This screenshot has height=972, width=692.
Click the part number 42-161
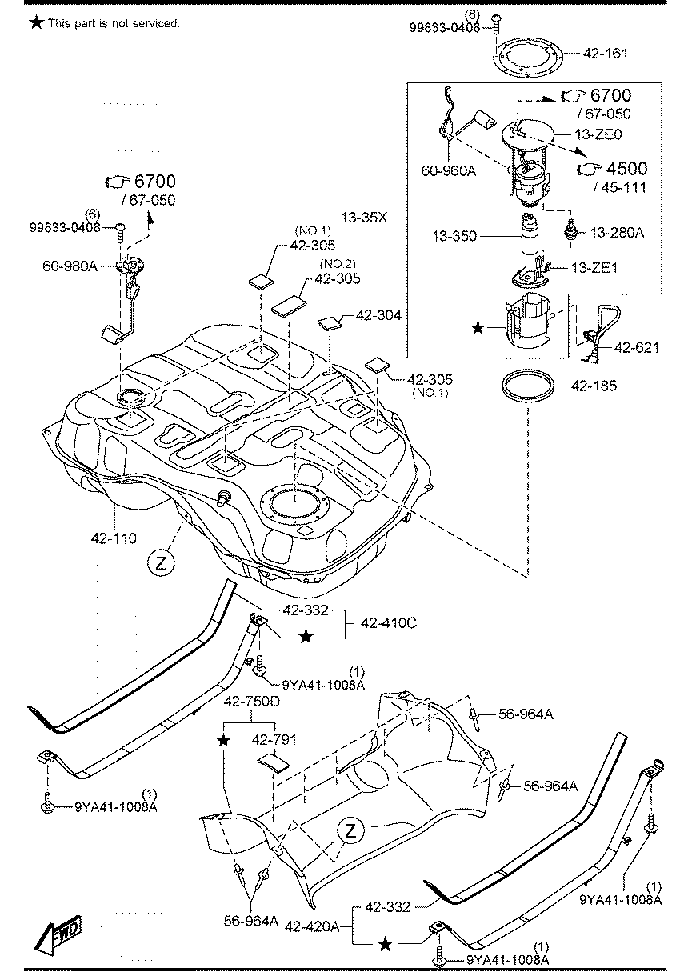606,55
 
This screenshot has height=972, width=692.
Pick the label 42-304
378,317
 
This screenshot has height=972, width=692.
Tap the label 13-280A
618,233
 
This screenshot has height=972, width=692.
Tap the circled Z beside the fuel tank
160,563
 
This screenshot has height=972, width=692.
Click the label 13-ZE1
593,269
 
